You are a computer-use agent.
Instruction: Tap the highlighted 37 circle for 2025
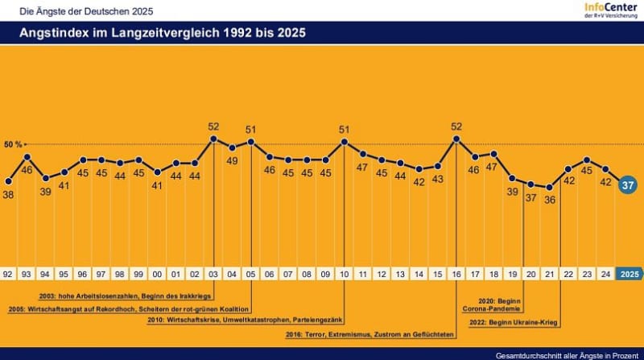pos(629,185)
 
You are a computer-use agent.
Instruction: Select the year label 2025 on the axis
pos(630,273)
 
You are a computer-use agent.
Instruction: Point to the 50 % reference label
pos(14,145)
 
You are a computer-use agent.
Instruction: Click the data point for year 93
pos(27,156)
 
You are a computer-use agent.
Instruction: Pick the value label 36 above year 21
pos(550,201)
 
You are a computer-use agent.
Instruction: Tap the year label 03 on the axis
pos(213,273)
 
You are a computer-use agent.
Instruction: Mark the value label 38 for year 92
pos(9,194)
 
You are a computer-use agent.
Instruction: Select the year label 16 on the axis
pos(456,273)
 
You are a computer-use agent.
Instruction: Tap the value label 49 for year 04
pos(232,161)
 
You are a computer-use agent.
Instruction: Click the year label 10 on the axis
pos(345,273)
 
